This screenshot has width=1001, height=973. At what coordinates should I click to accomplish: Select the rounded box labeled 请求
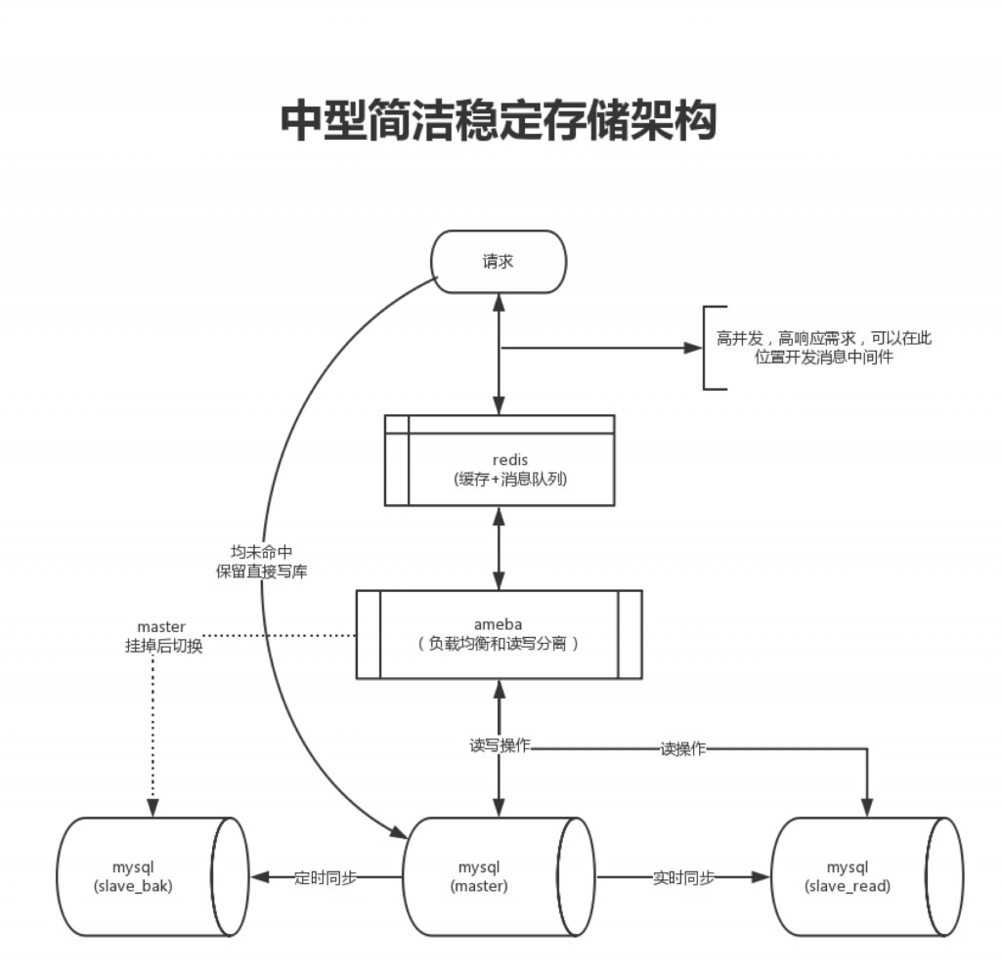(x=499, y=261)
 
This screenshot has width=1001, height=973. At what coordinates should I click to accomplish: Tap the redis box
(x=500, y=460)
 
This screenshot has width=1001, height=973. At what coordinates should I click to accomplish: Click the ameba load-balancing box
(x=499, y=634)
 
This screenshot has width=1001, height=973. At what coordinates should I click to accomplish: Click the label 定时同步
(x=325, y=877)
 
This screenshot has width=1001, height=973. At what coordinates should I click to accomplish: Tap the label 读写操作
(x=500, y=745)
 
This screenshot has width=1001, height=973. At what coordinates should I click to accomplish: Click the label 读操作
(x=683, y=748)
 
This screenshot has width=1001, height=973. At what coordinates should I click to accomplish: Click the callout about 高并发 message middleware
(x=824, y=348)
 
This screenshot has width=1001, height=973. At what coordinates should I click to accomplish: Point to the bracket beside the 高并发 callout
(x=707, y=348)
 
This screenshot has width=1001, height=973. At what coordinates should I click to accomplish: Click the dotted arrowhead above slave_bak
(x=152, y=809)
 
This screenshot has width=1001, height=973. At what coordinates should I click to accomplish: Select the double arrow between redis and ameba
(x=500, y=547)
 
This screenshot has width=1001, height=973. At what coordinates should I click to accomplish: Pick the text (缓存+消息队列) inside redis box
(x=500, y=479)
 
